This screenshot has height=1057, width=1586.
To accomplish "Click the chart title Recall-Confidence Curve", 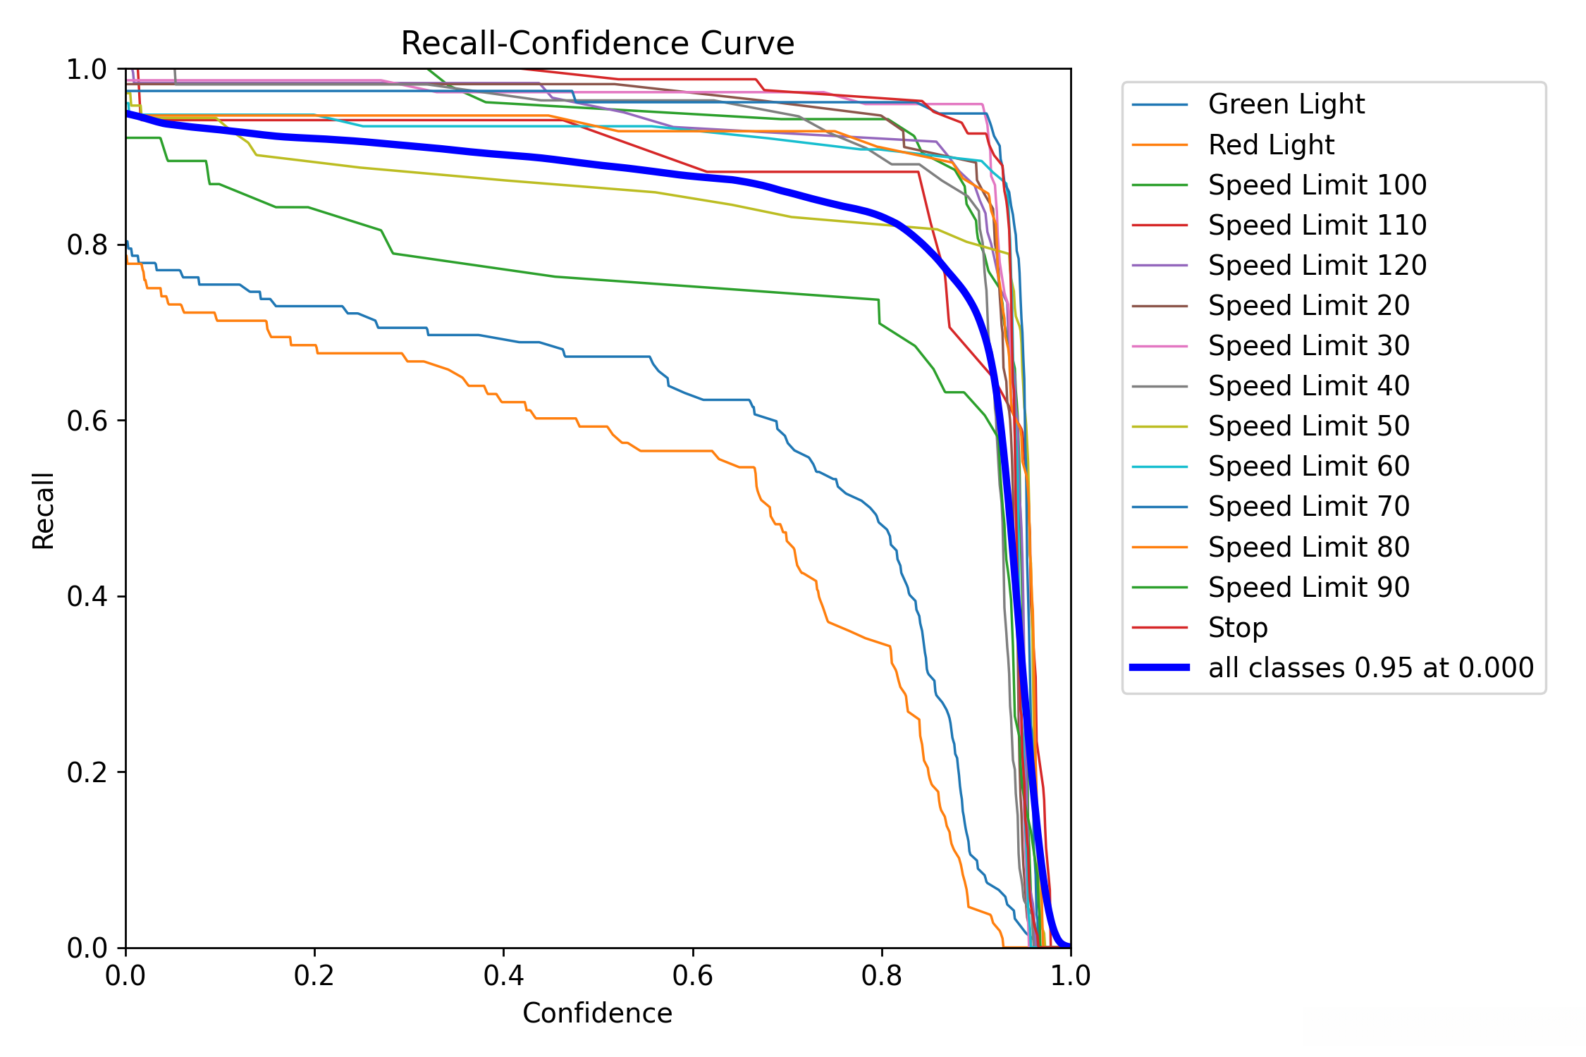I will pyautogui.click(x=597, y=44).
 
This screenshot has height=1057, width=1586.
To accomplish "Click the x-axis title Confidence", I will pyautogui.click(x=597, y=1013).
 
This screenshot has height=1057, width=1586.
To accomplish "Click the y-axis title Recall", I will pyautogui.click(x=44, y=511).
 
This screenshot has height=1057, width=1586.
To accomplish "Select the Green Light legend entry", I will pyautogui.click(x=1286, y=104).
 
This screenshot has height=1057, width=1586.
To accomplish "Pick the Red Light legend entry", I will pyautogui.click(x=1271, y=145).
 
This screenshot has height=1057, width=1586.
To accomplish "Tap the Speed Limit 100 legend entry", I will pyautogui.click(x=1317, y=185).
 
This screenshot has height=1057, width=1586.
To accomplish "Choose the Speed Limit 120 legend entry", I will pyautogui.click(x=1317, y=266).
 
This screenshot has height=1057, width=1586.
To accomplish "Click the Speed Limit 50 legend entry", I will pyautogui.click(x=1308, y=426).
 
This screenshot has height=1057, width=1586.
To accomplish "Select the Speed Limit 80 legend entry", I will pyautogui.click(x=1308, y=548).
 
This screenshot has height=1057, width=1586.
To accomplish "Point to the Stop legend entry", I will pyautogui.click(x=1238, y=628).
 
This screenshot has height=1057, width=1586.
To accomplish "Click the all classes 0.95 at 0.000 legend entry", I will pyautogui.click(x=1370, y=668).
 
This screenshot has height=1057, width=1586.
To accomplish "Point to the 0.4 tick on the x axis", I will pyautogui.click(x=503, y=975).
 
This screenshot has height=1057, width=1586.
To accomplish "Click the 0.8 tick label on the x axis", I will pyautogui.click(x=881, y=975).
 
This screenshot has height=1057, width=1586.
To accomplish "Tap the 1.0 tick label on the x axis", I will pyautogui.click(x=1070, y=975).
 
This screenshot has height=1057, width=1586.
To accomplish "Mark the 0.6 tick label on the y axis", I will pyautogui.click(x=87, y=421).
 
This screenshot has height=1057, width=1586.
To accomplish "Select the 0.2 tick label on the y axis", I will pyautogui.click(x=87, y=772).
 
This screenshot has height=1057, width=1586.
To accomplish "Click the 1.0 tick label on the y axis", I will pyautogui.click(x=87, y=69).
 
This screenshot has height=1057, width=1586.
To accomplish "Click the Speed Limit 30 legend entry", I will pyautogui.click(x=1308, y=346).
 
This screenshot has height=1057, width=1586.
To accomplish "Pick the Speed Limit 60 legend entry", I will pyautogui.click(x=1308, y=466).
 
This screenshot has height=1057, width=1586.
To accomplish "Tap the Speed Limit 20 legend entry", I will pyautogui.click(x=1308, y=306).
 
